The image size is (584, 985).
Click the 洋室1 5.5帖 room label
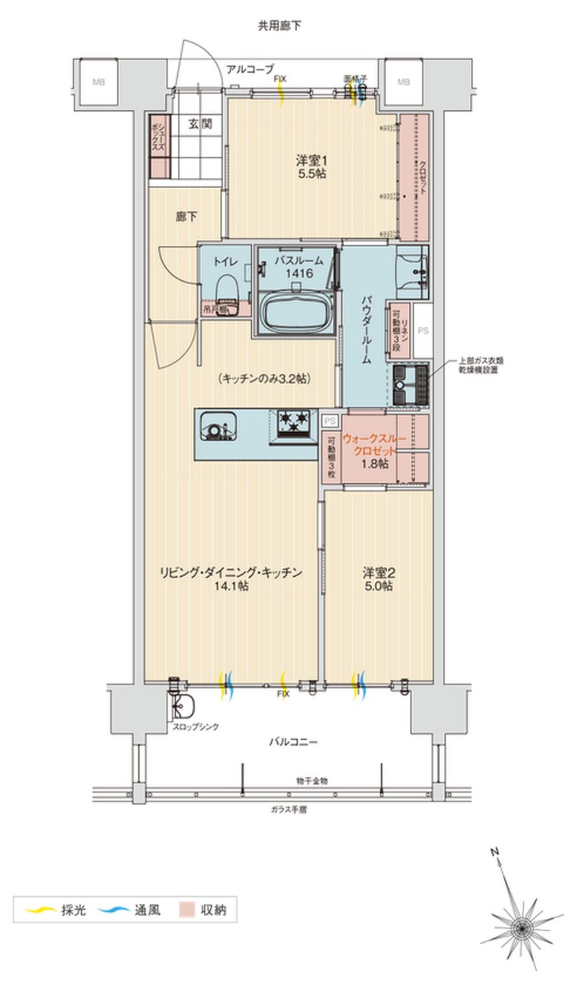point(311,166)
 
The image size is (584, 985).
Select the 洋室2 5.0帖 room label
point(378,579)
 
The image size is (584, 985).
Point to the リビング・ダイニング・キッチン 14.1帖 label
point(232,579)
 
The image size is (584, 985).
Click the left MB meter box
point(98,82)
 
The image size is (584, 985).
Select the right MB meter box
point(404,82)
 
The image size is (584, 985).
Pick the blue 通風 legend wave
point(114,910)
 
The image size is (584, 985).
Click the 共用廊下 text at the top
point(279,26)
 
